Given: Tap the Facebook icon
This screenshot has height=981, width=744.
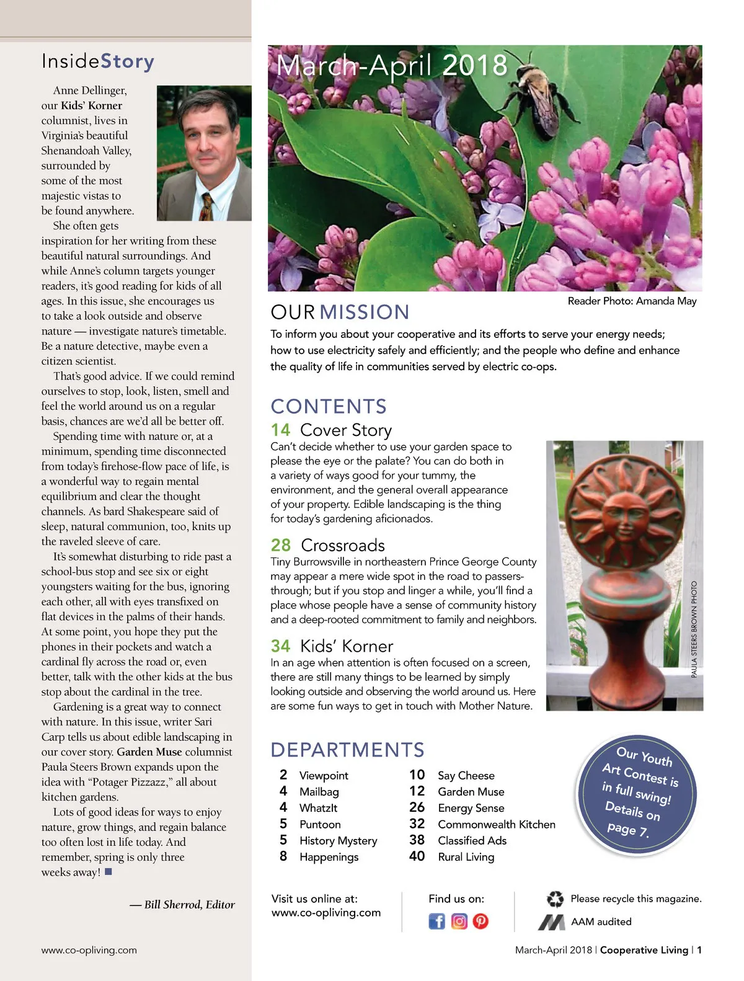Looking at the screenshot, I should [x=436, y=921].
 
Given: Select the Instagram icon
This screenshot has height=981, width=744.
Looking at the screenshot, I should [x=459, y=921].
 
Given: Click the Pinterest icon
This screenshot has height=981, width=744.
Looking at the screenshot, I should [x=480, y=921].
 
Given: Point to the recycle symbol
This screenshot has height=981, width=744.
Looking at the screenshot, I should [x=555, y=899].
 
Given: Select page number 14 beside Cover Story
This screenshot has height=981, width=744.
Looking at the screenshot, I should [x=280, y=430].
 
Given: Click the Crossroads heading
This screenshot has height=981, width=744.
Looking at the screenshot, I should [x=342, y=545].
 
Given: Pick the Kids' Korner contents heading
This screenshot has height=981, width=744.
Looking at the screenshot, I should [x=346, y=646].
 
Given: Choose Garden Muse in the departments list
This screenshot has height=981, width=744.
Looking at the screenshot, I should [x=471, y=792].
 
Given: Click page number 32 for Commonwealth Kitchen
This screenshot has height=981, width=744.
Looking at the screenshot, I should [x=417, y=823].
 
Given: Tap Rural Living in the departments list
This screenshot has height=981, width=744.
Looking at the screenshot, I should [x=466, y=857].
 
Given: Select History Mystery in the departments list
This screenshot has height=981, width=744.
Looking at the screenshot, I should [x=338, y=841].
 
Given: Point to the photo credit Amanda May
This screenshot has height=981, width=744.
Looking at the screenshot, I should [x=632, y=301].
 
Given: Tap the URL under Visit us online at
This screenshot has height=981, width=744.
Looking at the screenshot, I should [x=325, y=913].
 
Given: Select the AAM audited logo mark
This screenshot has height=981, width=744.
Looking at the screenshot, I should [x=551, y=922].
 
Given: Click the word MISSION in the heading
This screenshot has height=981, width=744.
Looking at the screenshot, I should [x=365, y=312].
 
